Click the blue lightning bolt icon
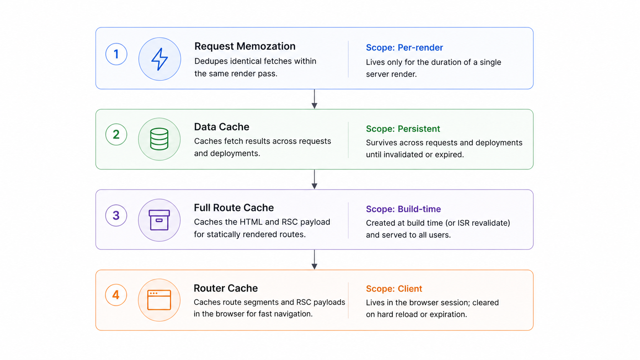point(160,59)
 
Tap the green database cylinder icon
point(159,139)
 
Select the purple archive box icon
point(159,220)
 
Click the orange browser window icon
point(159,300)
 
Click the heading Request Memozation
point(245,46)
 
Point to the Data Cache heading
point(222,127)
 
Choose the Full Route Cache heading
point(234,208)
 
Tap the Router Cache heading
point(226,288)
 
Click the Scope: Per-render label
point(404,47)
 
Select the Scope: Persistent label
point(403,129)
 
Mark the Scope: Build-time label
point(403,209)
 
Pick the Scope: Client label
point(394,288)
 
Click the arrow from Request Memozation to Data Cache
point(314,99)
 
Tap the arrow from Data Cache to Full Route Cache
point(314,179)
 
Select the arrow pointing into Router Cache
point(314,259)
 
